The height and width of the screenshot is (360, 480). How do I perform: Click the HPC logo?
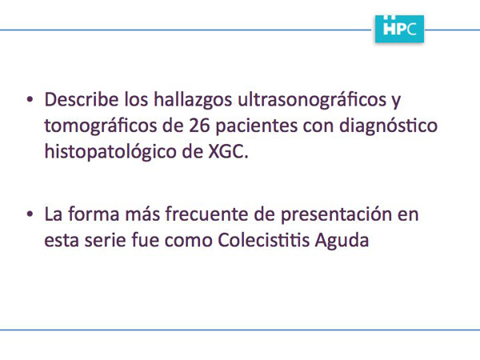click(x=399, y=29)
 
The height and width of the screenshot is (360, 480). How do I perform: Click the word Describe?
click(x=82, y=99)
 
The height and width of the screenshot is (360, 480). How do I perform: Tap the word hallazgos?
click(x=193, y=101)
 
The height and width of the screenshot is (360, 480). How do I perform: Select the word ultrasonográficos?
click(x=312, y=101)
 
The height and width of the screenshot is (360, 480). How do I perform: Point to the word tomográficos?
click(x=101, y=126)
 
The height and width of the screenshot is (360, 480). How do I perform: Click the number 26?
click(x=199, y=126)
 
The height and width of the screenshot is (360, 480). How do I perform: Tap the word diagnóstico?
click(x=388, y=126)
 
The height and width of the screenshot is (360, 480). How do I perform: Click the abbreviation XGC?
click(x=226, y=151)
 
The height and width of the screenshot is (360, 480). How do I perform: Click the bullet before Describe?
click(x=30, y=99)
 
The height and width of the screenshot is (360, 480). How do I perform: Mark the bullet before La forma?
click(x=30, y=214)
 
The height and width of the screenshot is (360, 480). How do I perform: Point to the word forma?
click(x=94, y=214)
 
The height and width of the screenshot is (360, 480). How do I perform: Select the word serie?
click(x=106, y=241)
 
